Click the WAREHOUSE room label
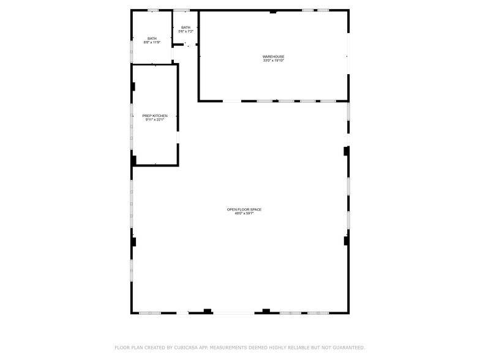(274, 56)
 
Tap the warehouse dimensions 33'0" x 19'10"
(274, 61)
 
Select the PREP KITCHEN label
(155, 116)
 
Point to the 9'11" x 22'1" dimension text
(155, 120)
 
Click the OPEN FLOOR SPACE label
(244, 209)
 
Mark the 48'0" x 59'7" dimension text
(244, 214)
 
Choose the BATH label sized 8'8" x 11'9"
(152, 39)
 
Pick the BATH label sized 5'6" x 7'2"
(186, 27)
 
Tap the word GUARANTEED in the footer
(345, 347)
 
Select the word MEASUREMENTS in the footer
(239, 347)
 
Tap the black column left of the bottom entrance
(208, 311)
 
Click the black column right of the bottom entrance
(266, 311)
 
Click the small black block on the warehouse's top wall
(273, 12)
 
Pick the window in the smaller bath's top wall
(181, 10)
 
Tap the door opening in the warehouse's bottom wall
(231, 101)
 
